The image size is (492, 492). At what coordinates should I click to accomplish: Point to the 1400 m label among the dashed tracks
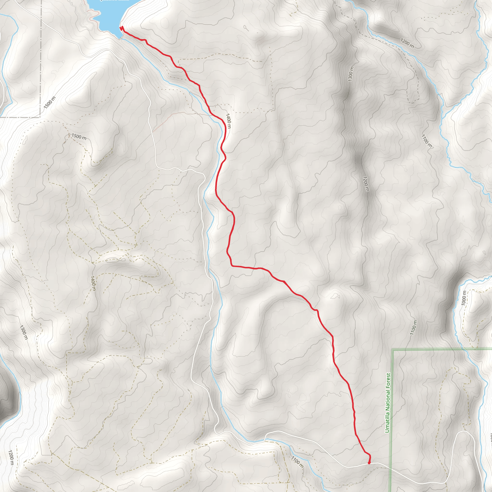93,283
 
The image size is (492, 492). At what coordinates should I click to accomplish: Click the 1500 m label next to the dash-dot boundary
49,102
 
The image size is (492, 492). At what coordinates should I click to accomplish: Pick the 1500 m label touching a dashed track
79,137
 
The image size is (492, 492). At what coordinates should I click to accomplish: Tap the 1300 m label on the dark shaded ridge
351,74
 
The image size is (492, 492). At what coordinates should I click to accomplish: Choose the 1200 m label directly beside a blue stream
407,43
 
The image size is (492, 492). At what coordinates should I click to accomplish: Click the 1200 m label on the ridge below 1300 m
366,184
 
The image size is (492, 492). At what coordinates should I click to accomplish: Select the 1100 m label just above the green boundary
413,327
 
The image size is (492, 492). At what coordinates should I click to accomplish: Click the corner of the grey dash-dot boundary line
40,117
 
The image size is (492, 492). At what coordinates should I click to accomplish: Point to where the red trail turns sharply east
232,266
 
